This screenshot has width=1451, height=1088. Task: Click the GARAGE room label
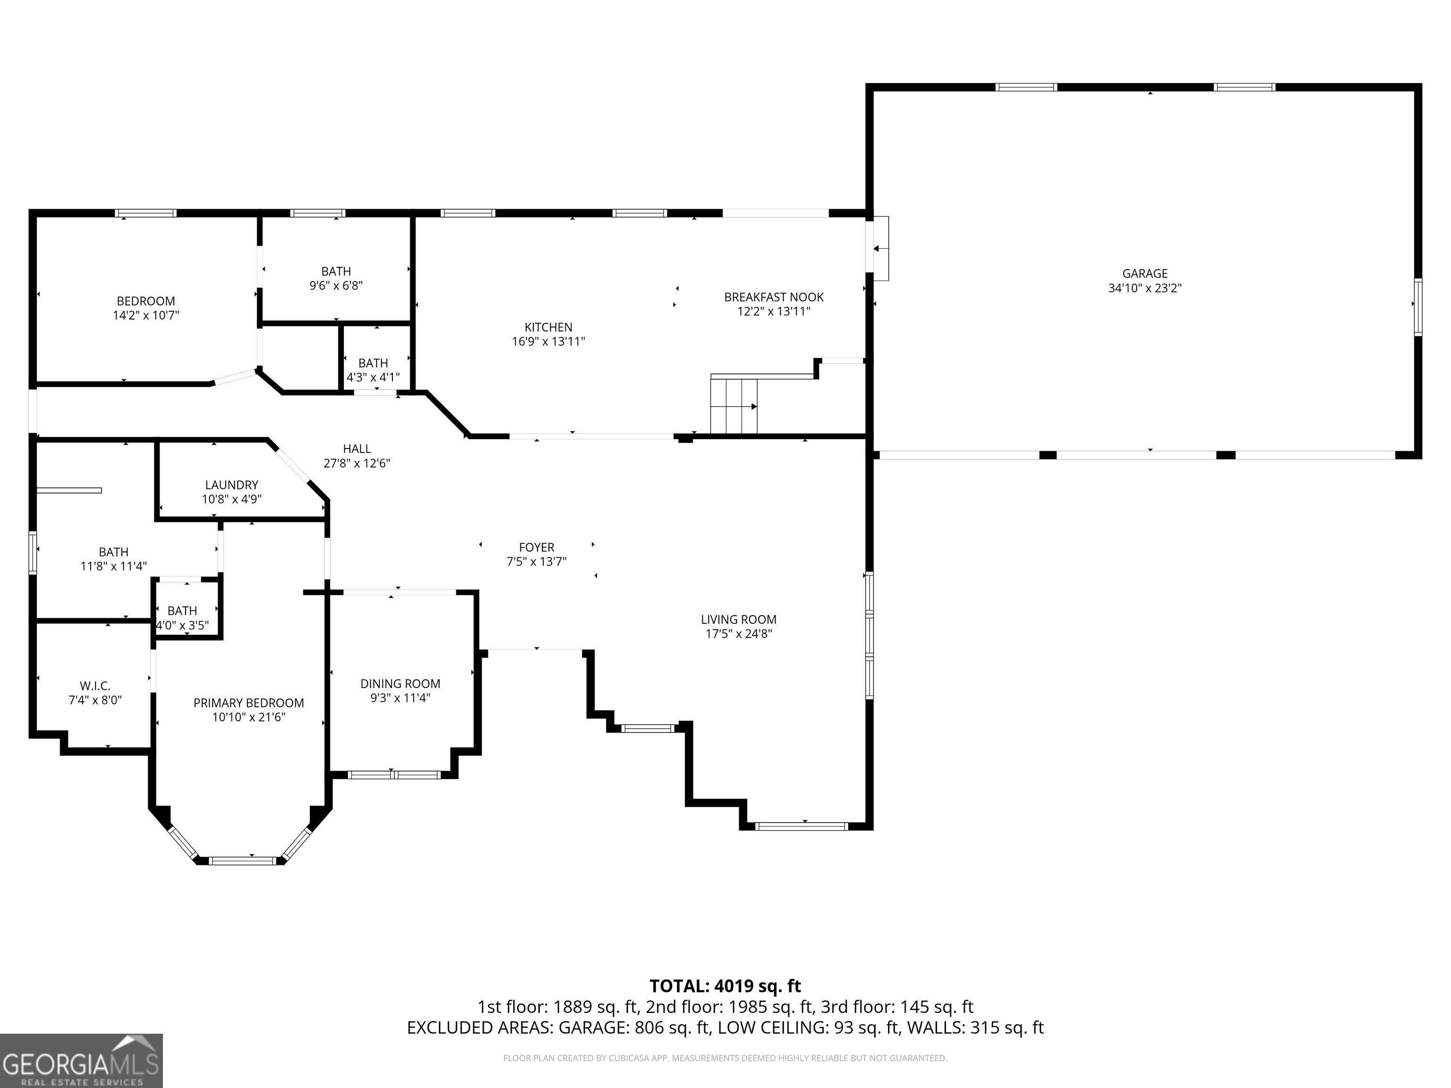[x=1144, y=273]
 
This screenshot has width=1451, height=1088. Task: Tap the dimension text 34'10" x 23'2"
[x=1144, y=288]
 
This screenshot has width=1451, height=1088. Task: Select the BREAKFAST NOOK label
[x=773, y=297]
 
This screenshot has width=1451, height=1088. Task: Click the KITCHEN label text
[x=548, y=327]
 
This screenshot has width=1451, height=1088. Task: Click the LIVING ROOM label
[x=739, y=619]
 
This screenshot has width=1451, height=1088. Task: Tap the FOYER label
[x=537, y=547]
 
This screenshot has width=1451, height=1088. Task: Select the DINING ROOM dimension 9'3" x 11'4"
[x=400, y=698]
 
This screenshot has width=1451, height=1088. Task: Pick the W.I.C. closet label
[x=95, y=686]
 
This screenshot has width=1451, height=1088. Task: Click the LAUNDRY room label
[x=231, y=484]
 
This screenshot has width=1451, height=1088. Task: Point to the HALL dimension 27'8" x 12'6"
[x=357, y=463]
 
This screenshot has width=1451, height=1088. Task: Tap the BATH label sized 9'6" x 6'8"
[x=336, y=272]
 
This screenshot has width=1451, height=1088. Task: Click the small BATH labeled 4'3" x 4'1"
[x=373, y=363]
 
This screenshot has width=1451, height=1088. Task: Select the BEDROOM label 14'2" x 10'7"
[x=145, y=301]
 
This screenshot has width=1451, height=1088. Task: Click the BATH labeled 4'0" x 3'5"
[x=182, y=611]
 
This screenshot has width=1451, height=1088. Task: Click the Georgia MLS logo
[x=81, y=1061]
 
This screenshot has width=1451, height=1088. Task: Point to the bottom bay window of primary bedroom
[x=243, y=860]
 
